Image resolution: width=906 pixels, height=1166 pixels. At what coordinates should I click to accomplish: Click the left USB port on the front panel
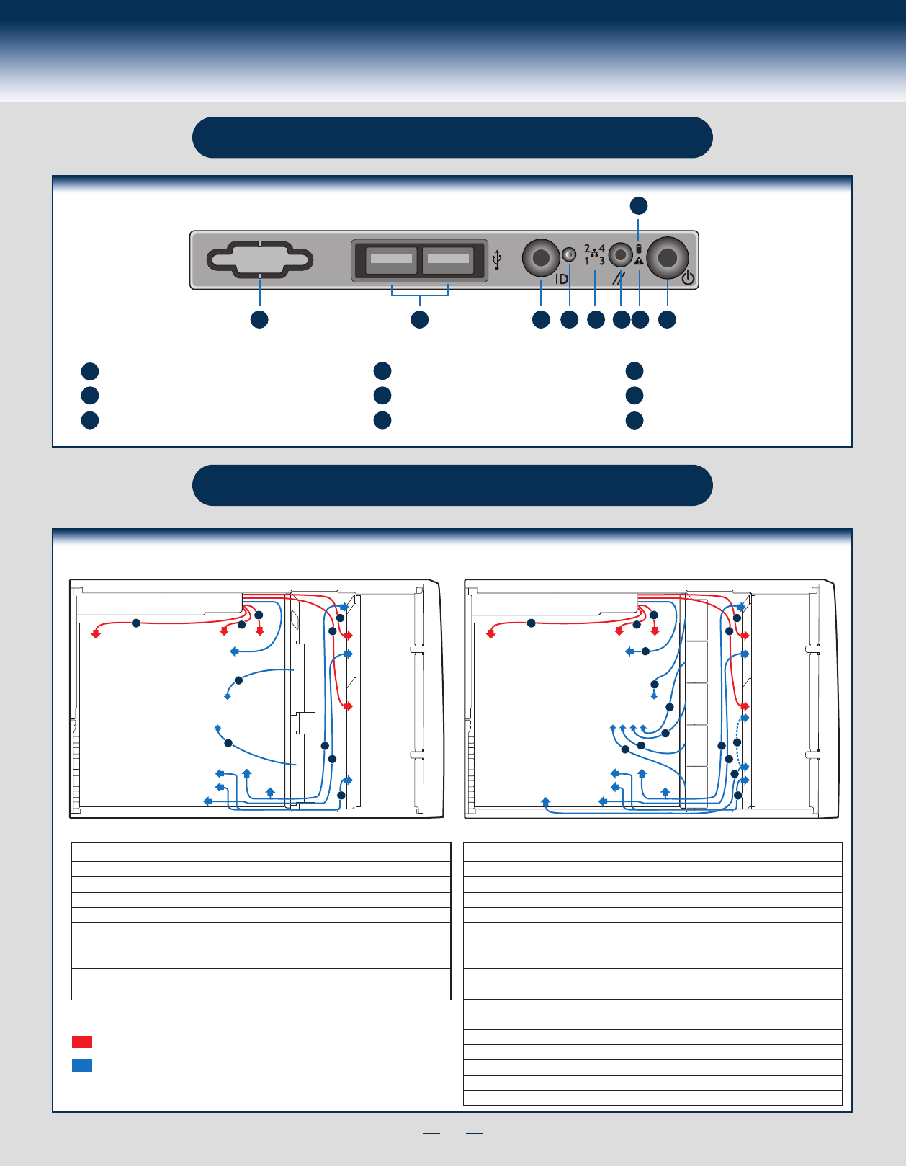click(391, 260)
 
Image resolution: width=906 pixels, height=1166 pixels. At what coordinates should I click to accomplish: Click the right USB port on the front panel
click(448, 260)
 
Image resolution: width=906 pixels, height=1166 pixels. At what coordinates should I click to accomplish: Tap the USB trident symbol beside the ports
click(497, 259)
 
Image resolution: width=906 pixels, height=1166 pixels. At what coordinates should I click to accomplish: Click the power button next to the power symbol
click(668, 258)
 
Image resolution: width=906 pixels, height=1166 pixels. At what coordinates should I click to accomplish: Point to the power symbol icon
click(689, 278)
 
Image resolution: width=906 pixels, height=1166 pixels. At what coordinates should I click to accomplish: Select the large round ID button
click(541, 258)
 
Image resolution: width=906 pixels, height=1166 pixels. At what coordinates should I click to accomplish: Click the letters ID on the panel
click(561, 279)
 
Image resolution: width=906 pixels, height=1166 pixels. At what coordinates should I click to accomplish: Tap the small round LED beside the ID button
click(570, 254)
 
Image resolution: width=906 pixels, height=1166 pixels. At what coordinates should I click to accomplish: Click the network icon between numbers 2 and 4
click(594, 252)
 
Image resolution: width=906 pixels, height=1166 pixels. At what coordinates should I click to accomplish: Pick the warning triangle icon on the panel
click(639, 261)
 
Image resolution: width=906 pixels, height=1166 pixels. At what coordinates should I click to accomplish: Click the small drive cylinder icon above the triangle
click(638, 249)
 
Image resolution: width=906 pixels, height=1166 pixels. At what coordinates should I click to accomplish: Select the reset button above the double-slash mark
click(621, 255)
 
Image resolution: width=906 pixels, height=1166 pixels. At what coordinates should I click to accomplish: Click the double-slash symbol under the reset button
click(619, 278)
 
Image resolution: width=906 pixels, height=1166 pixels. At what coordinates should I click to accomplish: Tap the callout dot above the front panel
click(639, 206)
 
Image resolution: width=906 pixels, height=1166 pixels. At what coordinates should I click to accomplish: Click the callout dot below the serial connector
click(259, 320)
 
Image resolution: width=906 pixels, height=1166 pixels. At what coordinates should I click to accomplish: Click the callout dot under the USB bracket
click(420, 320)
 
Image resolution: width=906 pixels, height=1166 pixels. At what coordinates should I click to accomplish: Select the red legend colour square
click(82, 1041)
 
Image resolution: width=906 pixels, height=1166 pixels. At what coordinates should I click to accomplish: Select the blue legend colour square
click(82, 1065)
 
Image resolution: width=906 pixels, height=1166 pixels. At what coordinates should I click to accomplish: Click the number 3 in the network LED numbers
click(602, 262)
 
